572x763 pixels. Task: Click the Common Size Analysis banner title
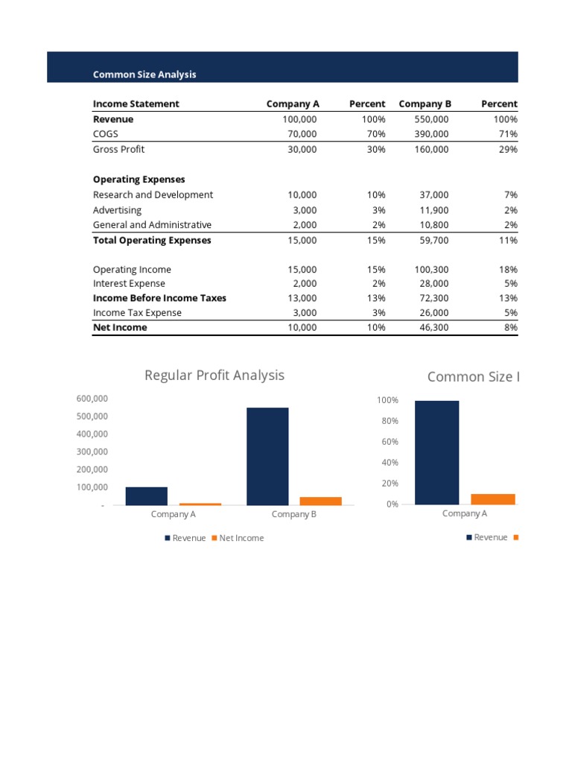[144, 75]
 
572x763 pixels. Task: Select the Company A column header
[293, 104]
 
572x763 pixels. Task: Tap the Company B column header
[425, 104]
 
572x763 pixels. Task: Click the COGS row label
[105, 134]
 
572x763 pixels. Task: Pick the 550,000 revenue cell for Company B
[432, 119]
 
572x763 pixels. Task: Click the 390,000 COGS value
[432, 134]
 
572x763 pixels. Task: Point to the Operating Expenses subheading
[139, 180]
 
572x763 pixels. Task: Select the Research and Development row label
[153, 194]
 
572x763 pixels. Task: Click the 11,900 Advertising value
[435, 210]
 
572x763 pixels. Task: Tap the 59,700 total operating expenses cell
[435, 240]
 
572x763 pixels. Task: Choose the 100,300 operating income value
[432, 270]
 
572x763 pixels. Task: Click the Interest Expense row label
[129, 284]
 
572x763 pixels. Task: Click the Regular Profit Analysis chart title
[214, 375]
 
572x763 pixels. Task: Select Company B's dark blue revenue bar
[267, 456]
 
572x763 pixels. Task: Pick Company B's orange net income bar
[321, 501]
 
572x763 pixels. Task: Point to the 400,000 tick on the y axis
[92, 434]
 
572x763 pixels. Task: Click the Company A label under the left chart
[174, 514]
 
